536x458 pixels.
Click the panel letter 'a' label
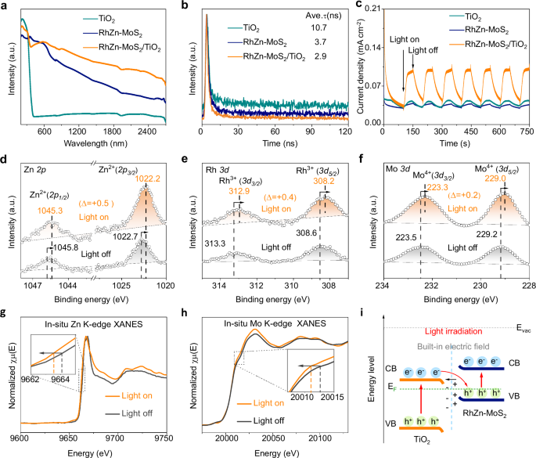(x=5, y=6)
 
